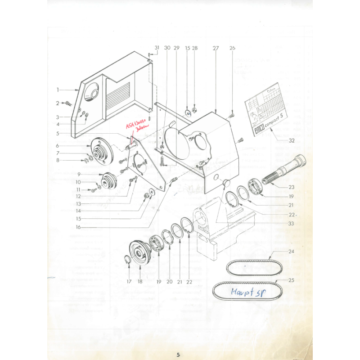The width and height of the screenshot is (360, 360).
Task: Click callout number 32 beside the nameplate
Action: click(x=292, y=140)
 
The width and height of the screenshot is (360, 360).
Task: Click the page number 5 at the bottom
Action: click(x=179, y=355)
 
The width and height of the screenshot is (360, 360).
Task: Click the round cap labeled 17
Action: click(x=127, y=260)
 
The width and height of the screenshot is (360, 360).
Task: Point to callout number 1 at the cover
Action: click(x=58, y=90)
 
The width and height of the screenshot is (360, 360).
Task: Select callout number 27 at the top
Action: click(x=216, y=48)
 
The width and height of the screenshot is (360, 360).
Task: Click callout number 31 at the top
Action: click(x=157, y=48)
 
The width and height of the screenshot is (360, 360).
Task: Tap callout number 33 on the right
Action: click(x=292, y=223)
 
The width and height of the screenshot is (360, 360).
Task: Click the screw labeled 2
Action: click(x=68, y=103)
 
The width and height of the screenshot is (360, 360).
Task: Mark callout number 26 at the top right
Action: click(x=232, y=48)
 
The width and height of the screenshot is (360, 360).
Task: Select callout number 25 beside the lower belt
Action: click(x=291, y=280)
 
